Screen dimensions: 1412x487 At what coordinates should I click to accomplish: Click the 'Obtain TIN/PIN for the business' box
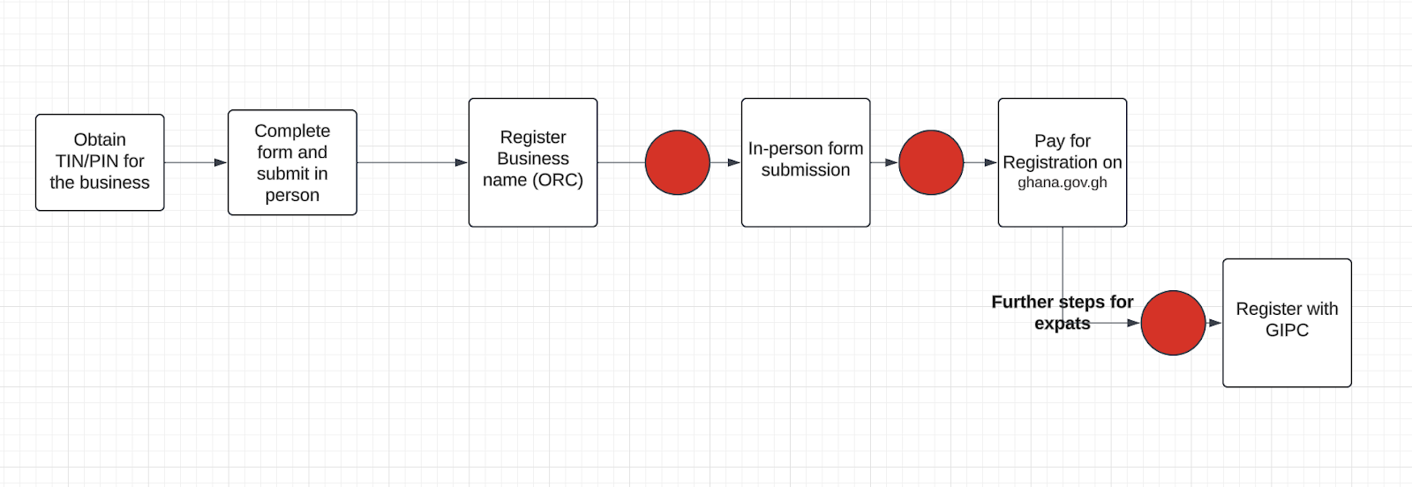click(x=100, y=162)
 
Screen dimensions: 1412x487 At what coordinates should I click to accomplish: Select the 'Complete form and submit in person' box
click(x=292, y=162)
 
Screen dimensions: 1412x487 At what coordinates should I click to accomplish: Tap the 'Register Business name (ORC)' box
click(x=533, y=162)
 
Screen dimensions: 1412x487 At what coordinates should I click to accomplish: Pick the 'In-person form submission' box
click(x=806, y=162)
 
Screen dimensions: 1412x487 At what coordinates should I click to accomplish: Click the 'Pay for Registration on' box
click(x=1063, y=162)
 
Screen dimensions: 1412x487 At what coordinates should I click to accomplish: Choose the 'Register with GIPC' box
click(x=1288, y=323)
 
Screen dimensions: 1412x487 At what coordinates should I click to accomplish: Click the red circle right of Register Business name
click(x=678, y=162)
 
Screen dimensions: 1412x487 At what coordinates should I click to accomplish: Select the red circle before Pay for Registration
click(x=931, y=162)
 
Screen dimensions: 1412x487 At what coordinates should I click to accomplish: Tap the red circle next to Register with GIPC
click(x=1173, y=323)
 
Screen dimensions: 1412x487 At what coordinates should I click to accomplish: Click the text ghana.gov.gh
click(x=1063, y=183)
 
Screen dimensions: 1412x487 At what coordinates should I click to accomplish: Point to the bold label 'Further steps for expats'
click(x=1063, y=312)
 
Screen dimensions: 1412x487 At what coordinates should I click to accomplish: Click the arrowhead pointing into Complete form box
click(x=221, y=162)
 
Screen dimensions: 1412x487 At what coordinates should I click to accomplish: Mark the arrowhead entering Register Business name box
click(x=462, y=162)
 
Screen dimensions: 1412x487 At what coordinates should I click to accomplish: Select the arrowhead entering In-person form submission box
click(x=734, y=162)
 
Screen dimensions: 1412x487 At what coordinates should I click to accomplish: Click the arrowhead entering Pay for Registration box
click(x=991, y=162)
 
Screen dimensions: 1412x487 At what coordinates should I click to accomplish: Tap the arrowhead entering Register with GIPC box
click(x=1215, y=323)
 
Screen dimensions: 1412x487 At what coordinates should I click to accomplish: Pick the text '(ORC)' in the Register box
click(x=558, y=180)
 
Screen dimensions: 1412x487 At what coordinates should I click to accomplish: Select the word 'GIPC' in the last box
click(x=1288, y=330)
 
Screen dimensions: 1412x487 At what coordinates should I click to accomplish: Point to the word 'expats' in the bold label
click(x=1063, y=324)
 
